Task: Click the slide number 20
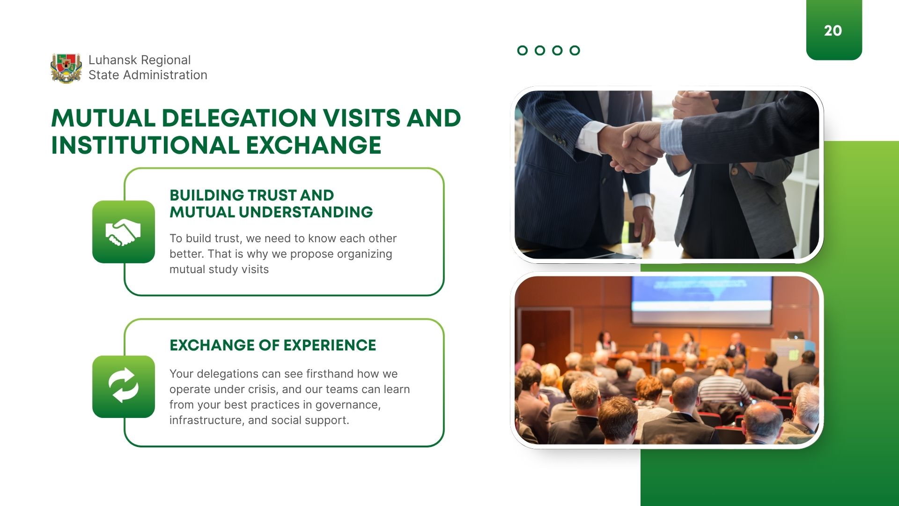[833, 31]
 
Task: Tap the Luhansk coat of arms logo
[66, 68]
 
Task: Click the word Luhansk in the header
[113, 60]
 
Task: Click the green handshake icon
[124, 232]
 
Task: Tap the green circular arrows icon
[124, 387]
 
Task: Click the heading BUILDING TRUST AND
[251, 195]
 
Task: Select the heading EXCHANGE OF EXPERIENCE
[273, 345]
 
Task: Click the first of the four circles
[523, 51]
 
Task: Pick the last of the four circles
[575, 51]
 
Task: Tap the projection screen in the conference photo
[701, 300]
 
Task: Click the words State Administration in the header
[148, 75]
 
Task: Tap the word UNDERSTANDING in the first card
[306, 212]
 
